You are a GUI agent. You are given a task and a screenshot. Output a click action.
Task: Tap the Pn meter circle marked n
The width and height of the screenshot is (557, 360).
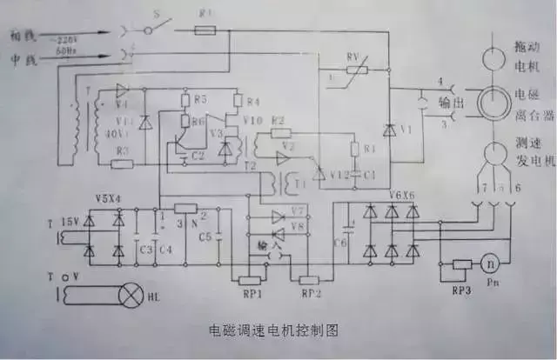coord(489,262)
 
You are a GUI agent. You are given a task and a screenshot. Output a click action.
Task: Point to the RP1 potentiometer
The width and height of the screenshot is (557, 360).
coord(249,280)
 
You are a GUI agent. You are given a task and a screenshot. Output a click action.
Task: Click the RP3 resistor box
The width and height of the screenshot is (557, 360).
coord(462,264)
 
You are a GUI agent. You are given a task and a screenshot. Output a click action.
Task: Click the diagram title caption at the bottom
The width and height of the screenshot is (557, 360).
coord(272,331)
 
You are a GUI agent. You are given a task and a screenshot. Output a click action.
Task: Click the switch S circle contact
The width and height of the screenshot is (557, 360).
coord(147,29)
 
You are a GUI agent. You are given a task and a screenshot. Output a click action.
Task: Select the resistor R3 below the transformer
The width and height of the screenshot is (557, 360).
coord(123,163)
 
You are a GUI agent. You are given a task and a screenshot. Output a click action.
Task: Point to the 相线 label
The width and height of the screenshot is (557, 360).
coord(23,37)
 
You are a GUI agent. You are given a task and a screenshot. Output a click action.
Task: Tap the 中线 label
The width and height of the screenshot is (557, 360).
coord(23,60)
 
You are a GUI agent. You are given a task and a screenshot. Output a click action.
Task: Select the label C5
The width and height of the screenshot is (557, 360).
coord(205,237)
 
